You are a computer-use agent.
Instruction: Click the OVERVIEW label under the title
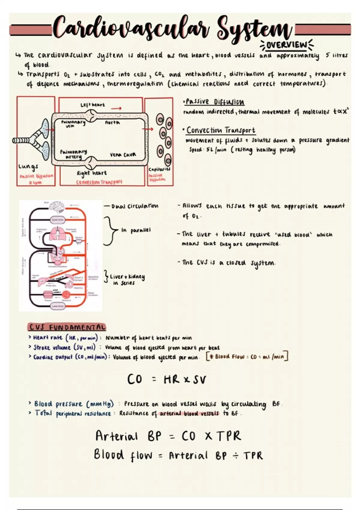[x=286, y=45]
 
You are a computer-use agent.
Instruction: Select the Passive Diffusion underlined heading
[x=215, y=102]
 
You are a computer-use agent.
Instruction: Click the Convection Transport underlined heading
[x=221, y=130]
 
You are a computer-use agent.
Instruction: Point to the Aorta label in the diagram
[x=112, y=122]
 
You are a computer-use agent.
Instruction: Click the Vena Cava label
[x=123, y=154]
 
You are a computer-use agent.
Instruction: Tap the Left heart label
[x=93, y=105]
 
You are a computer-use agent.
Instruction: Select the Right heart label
[x=91, y=173]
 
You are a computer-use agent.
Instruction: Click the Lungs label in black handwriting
[x=28, y=166]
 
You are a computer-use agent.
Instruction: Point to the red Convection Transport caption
[x=99, y=182]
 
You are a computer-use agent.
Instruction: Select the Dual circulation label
[x=135, y=206]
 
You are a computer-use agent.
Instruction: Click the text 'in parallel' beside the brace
[x=136, y=230]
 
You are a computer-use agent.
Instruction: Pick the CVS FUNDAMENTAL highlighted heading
[x=67, y=327]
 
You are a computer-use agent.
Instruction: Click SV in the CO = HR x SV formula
[x=199, y=380]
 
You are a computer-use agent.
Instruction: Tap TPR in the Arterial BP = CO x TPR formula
[x=229, y=436]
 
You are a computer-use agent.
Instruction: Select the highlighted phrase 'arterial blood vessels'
[x=189, y=413]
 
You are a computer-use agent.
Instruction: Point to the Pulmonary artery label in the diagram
[x=73, y=154]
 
